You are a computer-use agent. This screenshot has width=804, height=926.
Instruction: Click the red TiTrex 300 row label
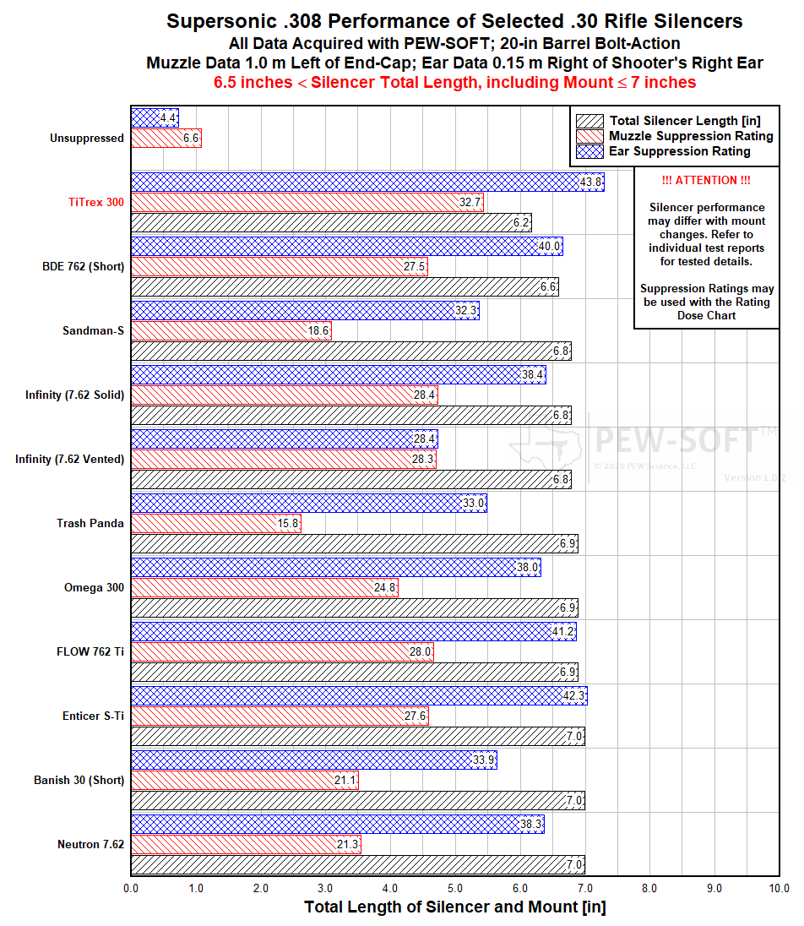(95, 203)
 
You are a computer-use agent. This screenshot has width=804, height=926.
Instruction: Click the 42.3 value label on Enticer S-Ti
(573, 696)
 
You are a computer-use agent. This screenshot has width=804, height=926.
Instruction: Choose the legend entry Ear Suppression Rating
(679, 151)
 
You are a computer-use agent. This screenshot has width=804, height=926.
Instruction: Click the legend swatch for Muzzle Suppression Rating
(589, 136)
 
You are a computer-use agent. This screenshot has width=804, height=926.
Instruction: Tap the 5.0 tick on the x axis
(455, 888)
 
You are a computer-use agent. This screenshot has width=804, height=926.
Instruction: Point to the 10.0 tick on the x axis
(779, 888)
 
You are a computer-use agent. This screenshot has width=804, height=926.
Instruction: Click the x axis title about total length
(454, 907)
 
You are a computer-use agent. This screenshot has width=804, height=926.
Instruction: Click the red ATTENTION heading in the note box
(706, 181)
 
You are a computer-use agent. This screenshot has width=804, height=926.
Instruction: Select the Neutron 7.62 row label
(90, 844)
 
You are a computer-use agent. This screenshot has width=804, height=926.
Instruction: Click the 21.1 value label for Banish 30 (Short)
(345, 781)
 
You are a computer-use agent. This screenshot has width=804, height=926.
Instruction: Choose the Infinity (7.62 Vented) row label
(69, 459)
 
